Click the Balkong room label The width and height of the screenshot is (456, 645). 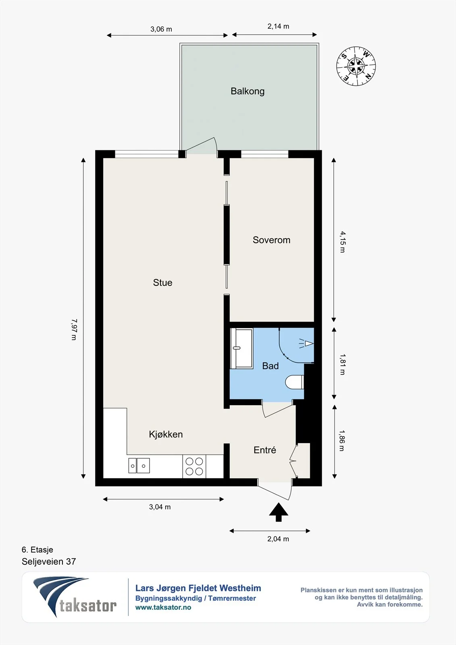[x=248, y=91]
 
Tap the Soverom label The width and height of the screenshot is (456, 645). [x=271, y=240]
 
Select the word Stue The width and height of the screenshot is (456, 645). [x=162, y=283]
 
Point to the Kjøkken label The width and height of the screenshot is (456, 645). [x=166, y=434]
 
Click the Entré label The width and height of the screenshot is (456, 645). [x=265, y=450]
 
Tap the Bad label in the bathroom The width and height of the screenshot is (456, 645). [x=270, y=366]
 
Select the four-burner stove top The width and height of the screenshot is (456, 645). [x=194, y=466]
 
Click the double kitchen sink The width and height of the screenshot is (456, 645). [x=139, y=465]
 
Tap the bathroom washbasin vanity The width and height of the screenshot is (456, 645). [x=242, y=348]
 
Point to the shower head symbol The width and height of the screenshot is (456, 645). [x=306, y=343]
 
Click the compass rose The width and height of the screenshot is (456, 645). [x=356, y=66]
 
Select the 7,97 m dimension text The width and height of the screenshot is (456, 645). [x=74, y=329]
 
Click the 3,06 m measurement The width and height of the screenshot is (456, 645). [x=161, y=29]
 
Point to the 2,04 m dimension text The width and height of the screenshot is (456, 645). [x=278, y=539]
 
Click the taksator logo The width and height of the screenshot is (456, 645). [x=75, y=597]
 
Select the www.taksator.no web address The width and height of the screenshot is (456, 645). [x=163, y=608]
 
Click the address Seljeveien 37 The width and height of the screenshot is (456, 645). [x=49, y=562]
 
